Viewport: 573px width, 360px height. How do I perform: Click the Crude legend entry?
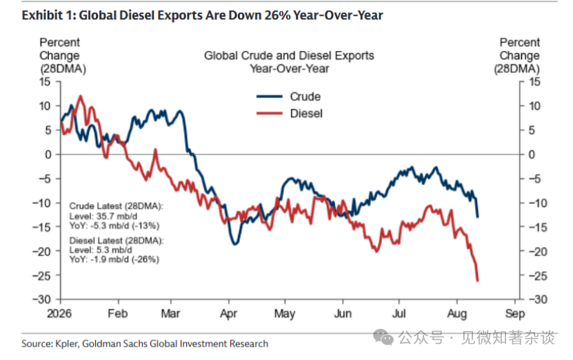[x=289, y=97]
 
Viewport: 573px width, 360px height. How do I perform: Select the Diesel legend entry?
[x=290, y=113]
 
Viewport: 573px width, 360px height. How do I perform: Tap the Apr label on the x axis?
[x=228, y=314]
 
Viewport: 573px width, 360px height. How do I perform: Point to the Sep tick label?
[x=515, y=314]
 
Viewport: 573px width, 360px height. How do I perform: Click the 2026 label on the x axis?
[x=59, y=314]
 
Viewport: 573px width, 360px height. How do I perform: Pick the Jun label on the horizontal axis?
[x=343, y=314]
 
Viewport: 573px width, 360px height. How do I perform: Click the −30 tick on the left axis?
[x=41, y=299]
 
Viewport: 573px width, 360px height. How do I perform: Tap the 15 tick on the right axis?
[x=534, y=81]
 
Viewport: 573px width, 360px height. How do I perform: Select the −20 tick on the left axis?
[x=41, y=251]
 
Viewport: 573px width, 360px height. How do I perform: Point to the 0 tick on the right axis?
[x=532, y=154]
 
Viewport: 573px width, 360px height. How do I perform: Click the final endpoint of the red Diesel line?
[x=477, y=281]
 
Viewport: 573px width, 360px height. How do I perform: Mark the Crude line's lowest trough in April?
[x=235, y=243]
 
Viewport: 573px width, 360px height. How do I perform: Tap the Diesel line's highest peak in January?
[x=81, y=96]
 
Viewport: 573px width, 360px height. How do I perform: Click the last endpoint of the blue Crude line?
[x=477, y=217]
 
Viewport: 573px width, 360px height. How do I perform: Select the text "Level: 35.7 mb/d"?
[x=103, y=216]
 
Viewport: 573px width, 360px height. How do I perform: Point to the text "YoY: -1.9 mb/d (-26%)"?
[x=114, y=259]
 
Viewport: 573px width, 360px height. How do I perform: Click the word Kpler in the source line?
[x=66, y=344]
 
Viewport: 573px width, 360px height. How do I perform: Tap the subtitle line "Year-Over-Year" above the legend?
[x=290, y=68]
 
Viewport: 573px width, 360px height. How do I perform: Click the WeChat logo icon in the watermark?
[x=383, y=337]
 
